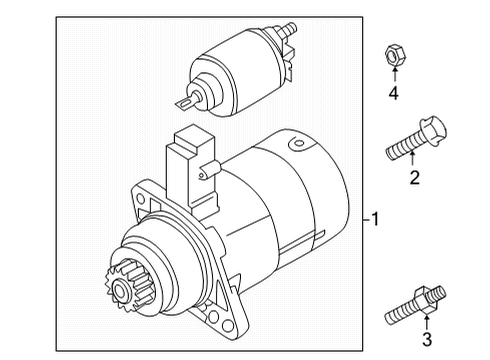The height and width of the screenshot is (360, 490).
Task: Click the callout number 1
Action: tap(375, 219)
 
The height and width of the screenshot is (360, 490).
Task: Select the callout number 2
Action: tap(414, 178)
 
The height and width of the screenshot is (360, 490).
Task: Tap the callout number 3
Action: tap(427, 339)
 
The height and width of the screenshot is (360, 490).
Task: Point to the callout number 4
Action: tap(394, 93)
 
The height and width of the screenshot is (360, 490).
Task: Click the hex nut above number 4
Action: tap(395, 56)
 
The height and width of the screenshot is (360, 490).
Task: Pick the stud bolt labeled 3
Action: tap(416, 305)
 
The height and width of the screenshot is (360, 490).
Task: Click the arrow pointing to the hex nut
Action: tap(395, 74)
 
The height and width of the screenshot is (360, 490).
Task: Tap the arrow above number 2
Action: tap(413, 158)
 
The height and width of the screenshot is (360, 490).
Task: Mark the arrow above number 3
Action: tap(426, 321)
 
